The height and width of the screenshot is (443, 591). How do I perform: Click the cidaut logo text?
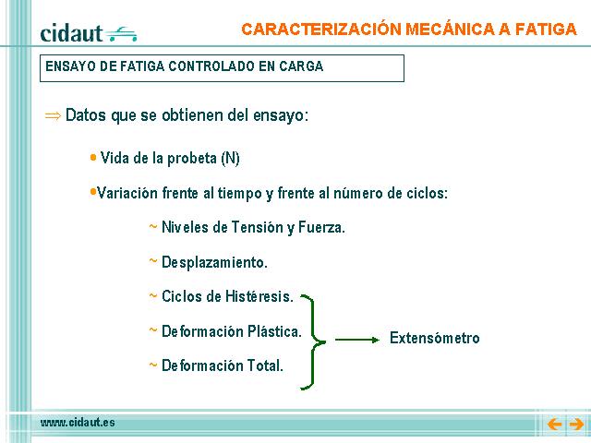pyautogui.click(x=71, y=33)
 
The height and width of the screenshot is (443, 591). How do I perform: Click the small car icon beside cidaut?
pyautogui.click(x=121, y=34)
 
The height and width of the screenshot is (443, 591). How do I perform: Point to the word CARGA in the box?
pyautogui.click(x=301, y=66)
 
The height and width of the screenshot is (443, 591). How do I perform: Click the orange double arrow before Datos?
pyautogui.click(x=53, y=115)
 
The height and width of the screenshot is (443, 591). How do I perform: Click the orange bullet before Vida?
pyautogui.click(x=93, y=158)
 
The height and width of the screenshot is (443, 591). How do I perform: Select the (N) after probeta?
pyautogui.click(x=230, y=158)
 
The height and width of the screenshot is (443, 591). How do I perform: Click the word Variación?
pyautogui.click(x=127, y=193)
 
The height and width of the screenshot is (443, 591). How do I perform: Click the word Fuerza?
pyautogui.click(x=321, y=227)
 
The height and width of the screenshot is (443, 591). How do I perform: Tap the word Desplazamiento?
pyautogui.click(x=214, y=262)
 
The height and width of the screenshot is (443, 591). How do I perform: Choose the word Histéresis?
pyautogui.click(x=259, y=296)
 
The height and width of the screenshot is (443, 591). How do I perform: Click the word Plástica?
pyautogui.click(x=275, y=331)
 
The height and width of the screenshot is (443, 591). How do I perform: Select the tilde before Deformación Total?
pyautogui.click(x=152, y=365)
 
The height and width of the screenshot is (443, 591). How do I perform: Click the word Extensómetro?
pyautogui.click(x=435, y=338)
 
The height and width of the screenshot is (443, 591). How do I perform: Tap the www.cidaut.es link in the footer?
pyautogui.click(x=78, y=423)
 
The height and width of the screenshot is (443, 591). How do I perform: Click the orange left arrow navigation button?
pyautogui.click(x=554, y=425)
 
